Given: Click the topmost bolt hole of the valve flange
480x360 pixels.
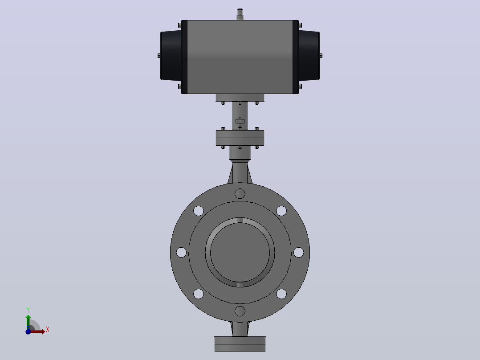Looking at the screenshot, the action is tap(240, 194).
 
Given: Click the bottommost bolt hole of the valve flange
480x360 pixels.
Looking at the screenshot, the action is tap(240, 311).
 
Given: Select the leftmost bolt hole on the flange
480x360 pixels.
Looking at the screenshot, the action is tap(181, 253).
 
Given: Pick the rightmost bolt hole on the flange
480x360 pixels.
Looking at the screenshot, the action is tap(298, 253).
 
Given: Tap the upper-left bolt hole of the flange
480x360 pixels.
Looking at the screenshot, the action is tap(199, 211).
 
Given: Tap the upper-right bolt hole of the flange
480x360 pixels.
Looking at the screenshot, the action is tap(281, 211).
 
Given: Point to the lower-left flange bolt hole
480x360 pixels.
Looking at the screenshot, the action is tap(199, 294).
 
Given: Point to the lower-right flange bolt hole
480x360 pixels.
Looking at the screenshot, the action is tap(281, 294).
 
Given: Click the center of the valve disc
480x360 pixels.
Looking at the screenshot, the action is tap(240, 253).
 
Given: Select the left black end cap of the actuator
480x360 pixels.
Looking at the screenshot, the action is tap(171, 56).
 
